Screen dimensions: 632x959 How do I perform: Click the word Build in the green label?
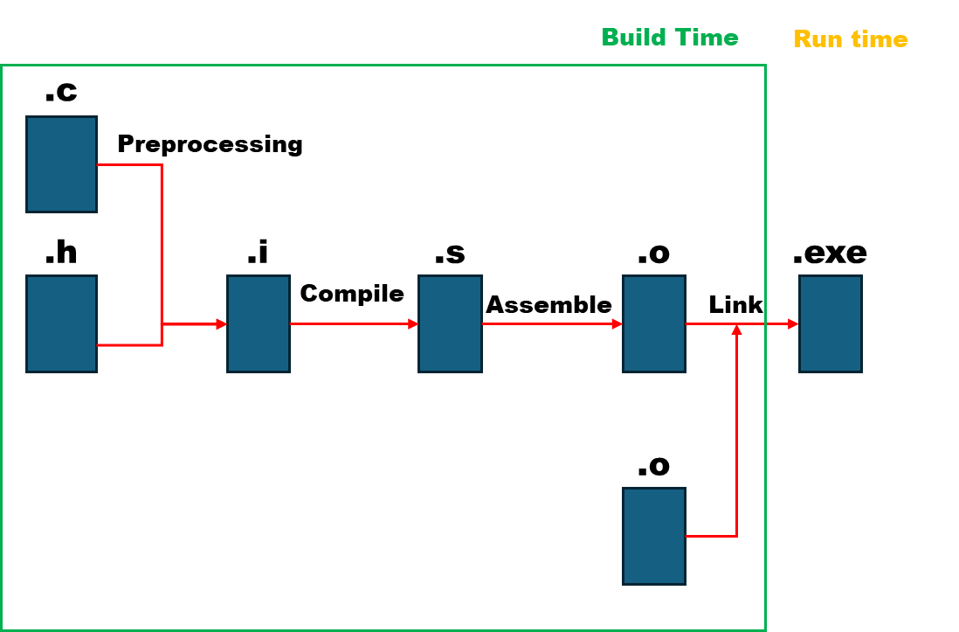pos(634,38)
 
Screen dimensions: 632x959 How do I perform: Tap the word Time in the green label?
pos(706,38)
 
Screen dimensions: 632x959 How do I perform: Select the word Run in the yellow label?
pos(817,39)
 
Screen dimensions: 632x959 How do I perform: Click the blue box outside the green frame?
pos(830,323)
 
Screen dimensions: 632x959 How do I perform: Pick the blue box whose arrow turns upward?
pos(653,536)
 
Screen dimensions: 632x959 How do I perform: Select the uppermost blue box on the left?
pos(61,164)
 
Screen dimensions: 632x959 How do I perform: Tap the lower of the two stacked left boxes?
pos(61,323)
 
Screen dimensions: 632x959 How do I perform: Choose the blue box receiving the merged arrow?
pos(258,323)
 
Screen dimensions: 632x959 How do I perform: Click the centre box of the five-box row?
pos(449,323)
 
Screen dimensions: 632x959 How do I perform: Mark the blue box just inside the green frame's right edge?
pos(653,323)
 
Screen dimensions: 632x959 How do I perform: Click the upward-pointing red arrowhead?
pos(736,330)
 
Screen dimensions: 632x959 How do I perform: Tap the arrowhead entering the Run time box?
pos(793,323)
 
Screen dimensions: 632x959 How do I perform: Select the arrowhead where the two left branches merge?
pos(221,323)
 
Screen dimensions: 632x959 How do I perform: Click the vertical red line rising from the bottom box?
pos(736,437)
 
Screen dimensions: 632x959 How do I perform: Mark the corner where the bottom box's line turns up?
pos(736,536)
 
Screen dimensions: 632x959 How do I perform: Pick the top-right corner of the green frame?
pos(765,66)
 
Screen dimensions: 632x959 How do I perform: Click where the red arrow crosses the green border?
pos(765,323)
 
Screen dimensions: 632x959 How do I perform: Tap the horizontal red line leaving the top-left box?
pos(129,164)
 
